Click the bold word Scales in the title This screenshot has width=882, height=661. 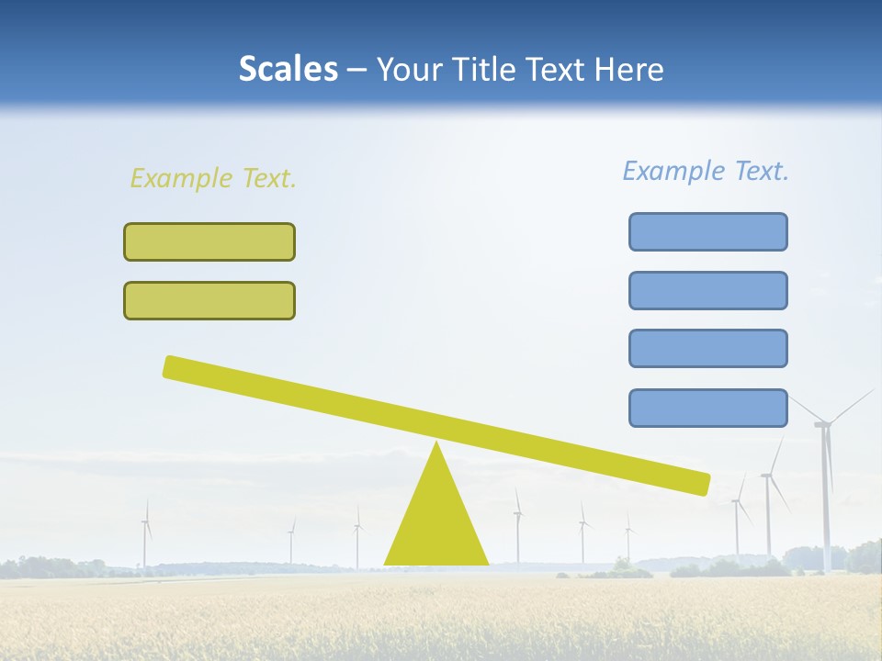(288, 69)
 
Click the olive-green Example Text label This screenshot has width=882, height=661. (213, 178)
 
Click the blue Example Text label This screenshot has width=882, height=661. (706, 171)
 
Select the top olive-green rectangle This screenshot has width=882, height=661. (209, 241)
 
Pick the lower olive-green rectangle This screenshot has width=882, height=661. (209, 300)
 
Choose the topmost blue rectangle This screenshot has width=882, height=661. (707, 231)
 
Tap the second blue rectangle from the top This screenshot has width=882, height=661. (707, 290)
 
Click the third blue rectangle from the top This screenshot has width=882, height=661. (707, 348)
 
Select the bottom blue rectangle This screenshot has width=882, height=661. (707, 408)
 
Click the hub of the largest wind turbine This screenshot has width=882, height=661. (822, 423)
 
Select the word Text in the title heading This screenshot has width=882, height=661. (560, 69)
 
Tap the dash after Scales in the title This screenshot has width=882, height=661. (356, 70)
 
